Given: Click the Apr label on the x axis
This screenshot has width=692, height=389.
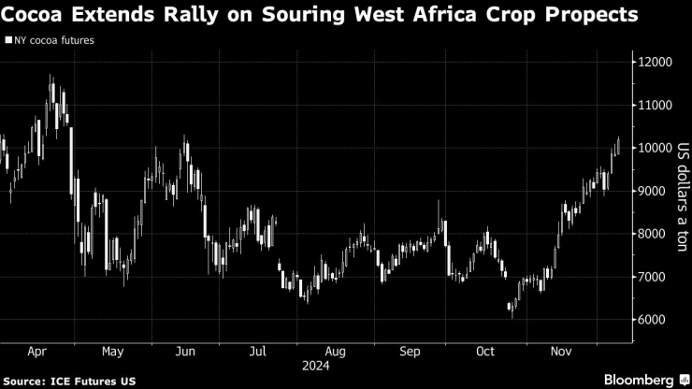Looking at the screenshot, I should (x=37, y=353).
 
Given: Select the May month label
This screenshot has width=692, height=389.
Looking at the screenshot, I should (x=112, y=353).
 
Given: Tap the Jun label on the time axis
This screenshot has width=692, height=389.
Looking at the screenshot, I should (x=185, y=353).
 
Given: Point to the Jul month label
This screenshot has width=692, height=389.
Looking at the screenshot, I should (x=258, y=353).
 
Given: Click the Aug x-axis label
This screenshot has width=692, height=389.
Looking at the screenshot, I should (x=335, y=353).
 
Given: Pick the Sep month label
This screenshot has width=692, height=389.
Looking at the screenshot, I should (x=410, y=353).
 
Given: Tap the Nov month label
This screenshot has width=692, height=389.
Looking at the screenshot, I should (x=560, y=353).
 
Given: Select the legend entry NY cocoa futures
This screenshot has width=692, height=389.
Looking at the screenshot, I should (x=54, y=41).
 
